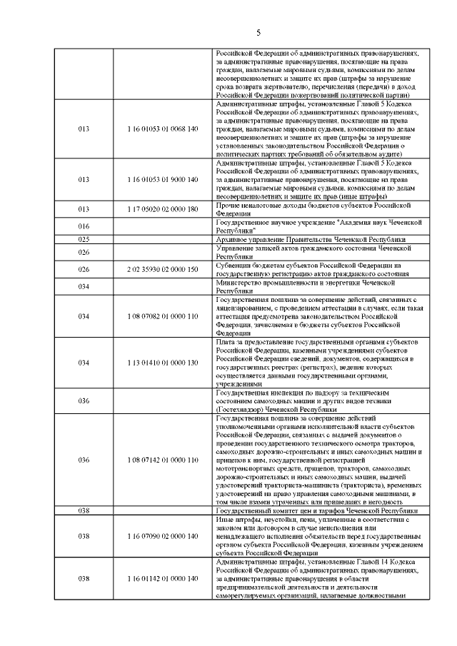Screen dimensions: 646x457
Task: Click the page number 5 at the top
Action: (258, 31)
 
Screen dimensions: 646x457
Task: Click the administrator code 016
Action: (84, 226)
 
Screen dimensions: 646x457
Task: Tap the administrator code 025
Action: (84, 239)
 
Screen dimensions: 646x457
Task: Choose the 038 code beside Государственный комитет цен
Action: (84, 511)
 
